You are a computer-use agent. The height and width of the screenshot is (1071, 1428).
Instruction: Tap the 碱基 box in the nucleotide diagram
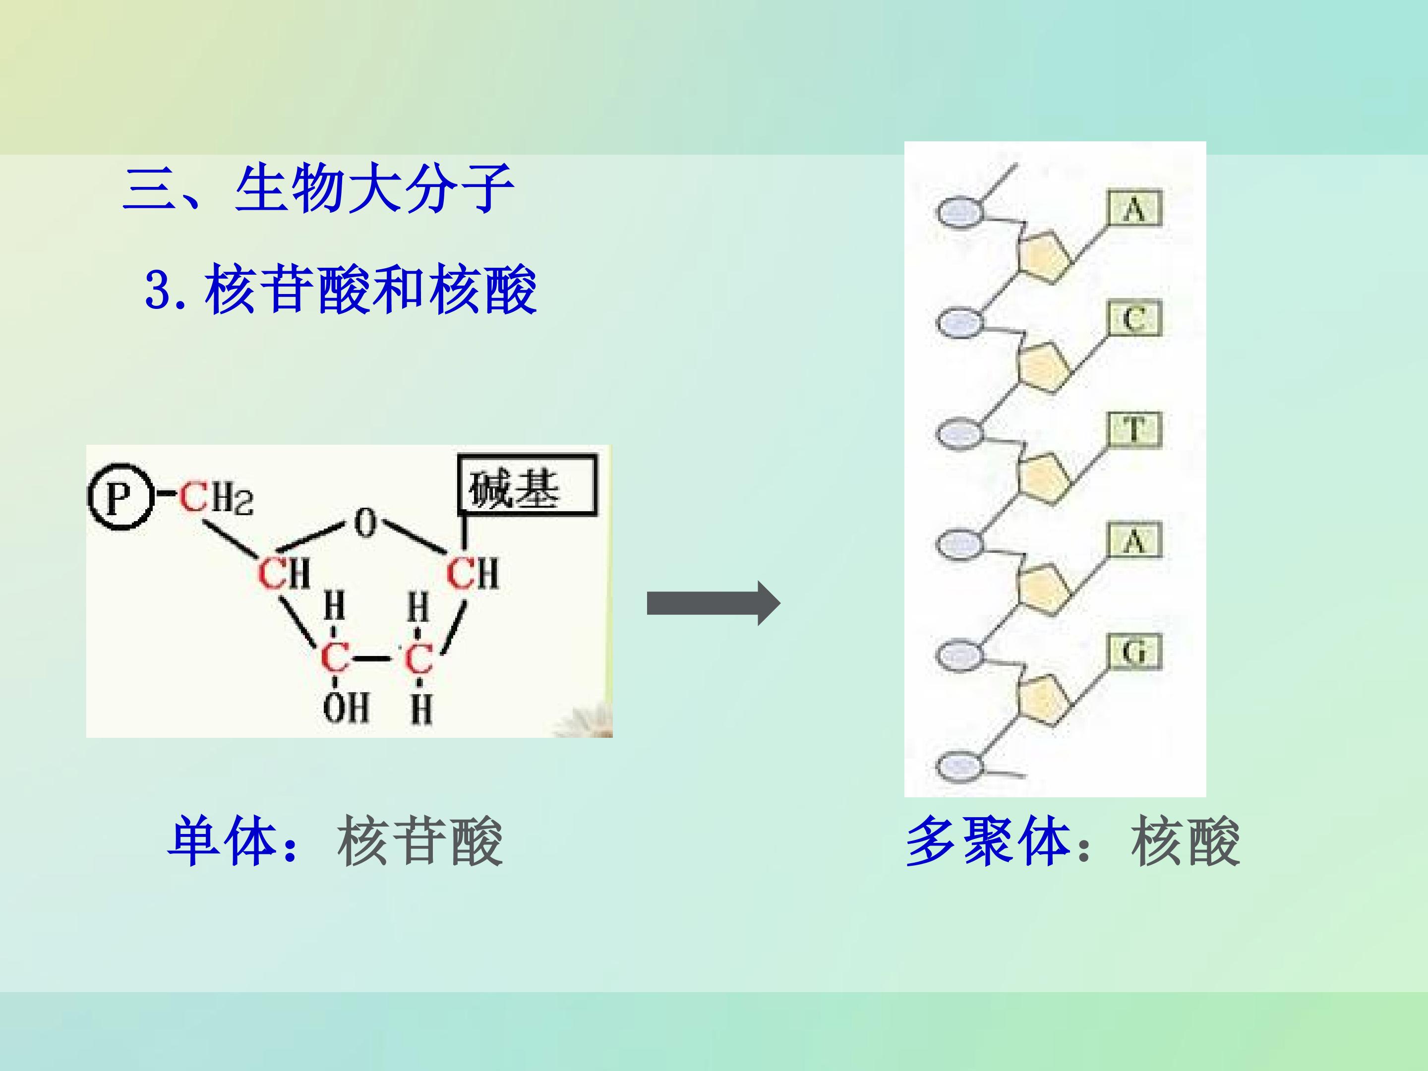[528, 486]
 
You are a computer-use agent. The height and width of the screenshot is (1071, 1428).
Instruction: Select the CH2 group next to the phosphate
[216, 498]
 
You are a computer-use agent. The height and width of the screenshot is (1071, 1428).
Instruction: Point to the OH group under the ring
[346, 708]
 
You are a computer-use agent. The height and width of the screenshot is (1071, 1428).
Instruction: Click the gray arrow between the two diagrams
[714, 603]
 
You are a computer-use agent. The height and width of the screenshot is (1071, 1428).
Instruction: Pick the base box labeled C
[1135, 318]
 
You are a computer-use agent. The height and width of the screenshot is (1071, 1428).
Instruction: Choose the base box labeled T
[1135, 429]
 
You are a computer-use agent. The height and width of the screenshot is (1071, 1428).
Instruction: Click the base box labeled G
[1135, 652]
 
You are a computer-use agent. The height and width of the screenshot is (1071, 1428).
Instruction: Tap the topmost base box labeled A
[1135, 208]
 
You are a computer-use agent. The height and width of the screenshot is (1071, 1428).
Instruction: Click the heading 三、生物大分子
[318, 188]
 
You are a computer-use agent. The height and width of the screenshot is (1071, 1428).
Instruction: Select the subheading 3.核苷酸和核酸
[341, 290]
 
